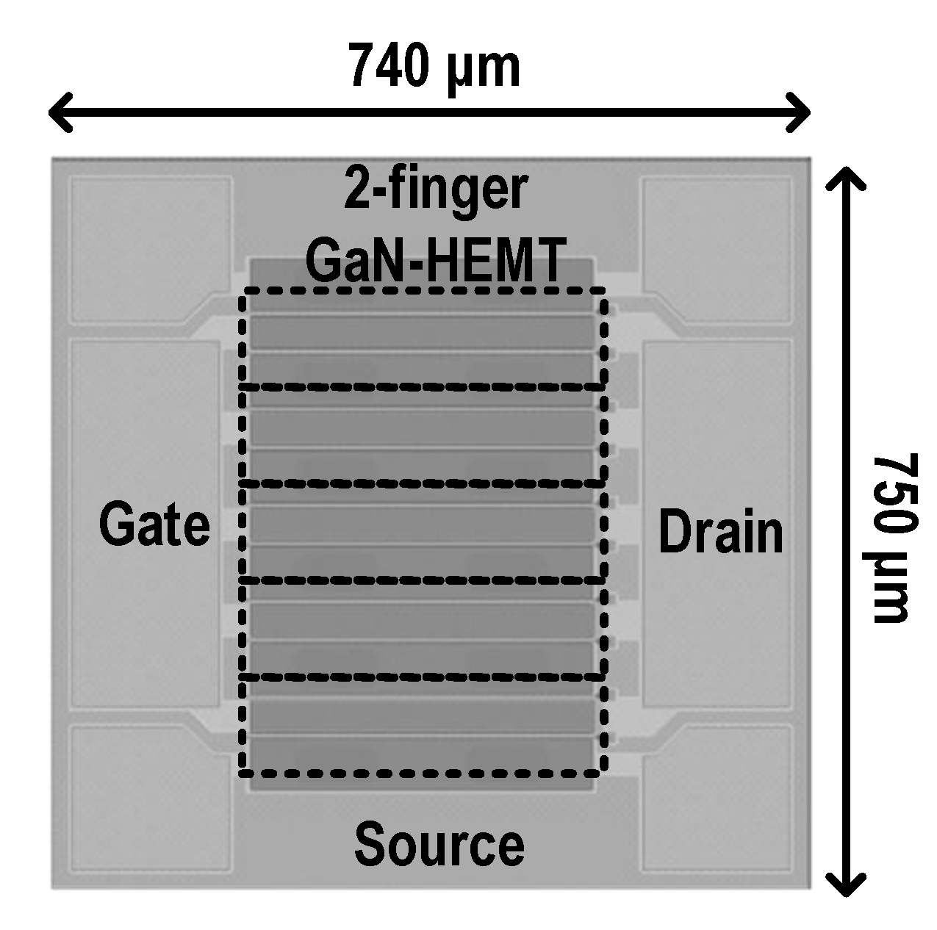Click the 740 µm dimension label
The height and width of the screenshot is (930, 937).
point(434,66)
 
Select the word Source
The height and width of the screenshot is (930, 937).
point(439,844)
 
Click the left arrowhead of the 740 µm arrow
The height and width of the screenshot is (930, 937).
point(59,112)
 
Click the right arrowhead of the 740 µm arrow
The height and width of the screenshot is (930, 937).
point(801,112)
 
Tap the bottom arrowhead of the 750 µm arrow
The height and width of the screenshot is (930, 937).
point(847,886)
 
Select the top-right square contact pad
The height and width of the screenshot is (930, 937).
point(717,250)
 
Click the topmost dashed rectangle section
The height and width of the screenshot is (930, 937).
point(423,338)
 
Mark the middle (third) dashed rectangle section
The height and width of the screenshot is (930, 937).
point(423,531)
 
